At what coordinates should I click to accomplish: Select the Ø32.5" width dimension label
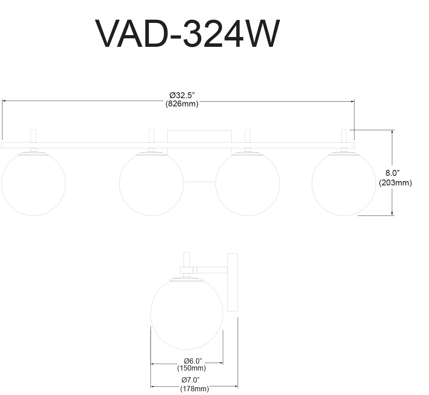pos(182,95)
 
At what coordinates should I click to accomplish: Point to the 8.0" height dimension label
pos(393,173)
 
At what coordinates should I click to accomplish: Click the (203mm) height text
pos(395,183)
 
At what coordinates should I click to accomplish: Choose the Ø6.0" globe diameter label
pos(193,361)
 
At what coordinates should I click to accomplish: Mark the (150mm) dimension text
pos(191,368)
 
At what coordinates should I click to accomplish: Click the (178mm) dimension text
pos(195,389)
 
